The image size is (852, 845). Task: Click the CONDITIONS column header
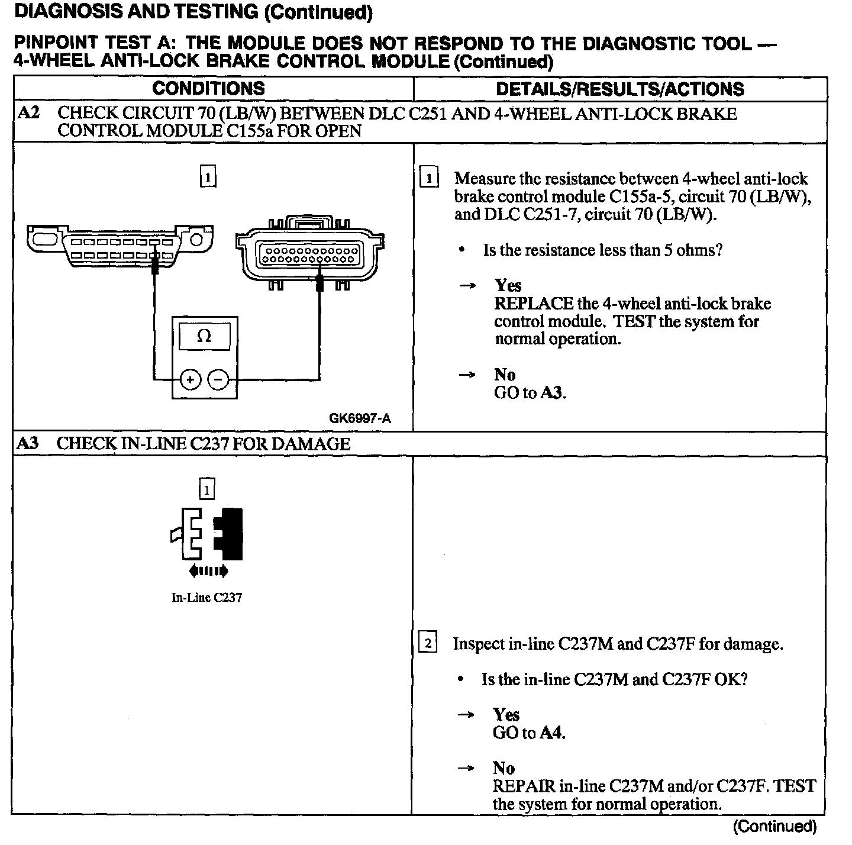click(208, 89)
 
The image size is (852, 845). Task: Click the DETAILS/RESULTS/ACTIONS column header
click(619, 89)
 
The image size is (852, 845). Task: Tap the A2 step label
click(29, 112)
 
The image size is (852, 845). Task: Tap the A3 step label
click(28, 444)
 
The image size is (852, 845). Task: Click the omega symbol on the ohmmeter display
click(204, 336)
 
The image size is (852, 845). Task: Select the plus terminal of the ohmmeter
click(191, 379)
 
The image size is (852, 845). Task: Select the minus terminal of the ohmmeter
click(218, 379)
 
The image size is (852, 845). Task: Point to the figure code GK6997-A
click(360, 418)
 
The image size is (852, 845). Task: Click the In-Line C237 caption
click(206, 598)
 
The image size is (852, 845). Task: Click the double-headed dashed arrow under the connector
click(208, 570)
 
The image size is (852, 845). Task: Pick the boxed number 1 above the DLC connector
click(208, 177)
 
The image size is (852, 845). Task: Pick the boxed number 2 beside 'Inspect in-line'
click(428, 643)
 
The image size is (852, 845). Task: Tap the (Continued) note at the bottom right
click(774, 826)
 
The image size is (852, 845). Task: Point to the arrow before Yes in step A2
click(467, 286)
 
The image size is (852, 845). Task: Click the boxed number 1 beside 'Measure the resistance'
click(429, 178)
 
